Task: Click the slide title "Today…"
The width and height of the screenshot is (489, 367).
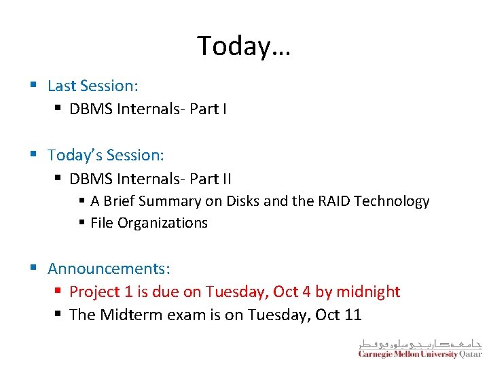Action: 244,46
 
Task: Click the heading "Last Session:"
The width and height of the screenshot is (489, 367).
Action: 93,86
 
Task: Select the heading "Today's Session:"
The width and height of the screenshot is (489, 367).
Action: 106,155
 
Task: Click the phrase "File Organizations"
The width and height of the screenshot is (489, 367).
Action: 149,223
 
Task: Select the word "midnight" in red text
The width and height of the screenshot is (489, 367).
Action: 367,292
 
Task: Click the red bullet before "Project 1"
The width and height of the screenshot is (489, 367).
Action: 58,292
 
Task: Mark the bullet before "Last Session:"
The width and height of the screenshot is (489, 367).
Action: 33,86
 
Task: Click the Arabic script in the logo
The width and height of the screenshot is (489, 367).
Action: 420,343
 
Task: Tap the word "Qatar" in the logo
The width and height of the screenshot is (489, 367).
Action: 471,354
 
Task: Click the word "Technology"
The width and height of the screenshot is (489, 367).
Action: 393,201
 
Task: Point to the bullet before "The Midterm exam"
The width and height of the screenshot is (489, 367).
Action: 58,315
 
